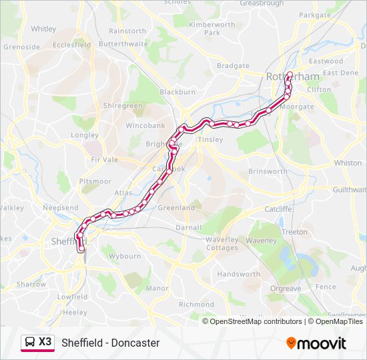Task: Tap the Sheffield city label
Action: (x=66, y=241)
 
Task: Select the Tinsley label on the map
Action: (x=211, y=139)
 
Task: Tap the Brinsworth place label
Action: (x=267, y=171)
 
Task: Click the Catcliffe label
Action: (x=278, y=209)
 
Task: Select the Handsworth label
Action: (x=238, y=274)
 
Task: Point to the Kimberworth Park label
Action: (x=213, y=28)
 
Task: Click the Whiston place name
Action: (x=348, y=163)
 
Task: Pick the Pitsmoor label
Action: (x=95, y=181)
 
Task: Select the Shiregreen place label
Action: (x=123, y=105)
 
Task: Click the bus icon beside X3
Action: (x=29, y=342)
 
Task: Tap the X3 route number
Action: (x=45, y=341)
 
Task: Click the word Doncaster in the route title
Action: (x=136, y=343)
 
